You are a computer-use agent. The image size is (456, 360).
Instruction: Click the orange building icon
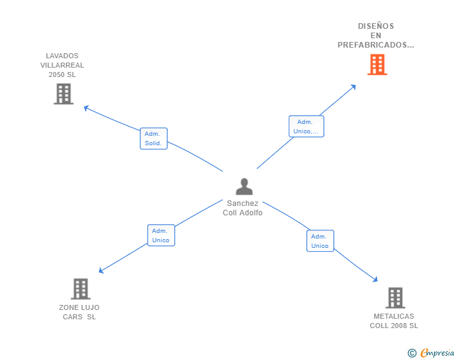pos(377,64)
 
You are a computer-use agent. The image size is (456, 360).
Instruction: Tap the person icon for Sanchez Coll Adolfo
pos(244,187)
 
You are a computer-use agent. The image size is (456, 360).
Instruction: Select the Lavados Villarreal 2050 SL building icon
pos(64,94)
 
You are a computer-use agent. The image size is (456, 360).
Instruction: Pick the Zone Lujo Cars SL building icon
pos(81,289)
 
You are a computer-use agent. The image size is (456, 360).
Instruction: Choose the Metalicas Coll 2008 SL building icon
pos(395,298)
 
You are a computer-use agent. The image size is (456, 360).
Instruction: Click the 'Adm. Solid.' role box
pos(153,138)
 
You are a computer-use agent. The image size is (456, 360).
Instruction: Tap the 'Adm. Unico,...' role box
pos(306,126)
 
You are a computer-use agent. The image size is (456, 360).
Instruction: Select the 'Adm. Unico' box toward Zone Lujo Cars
pos(161,235)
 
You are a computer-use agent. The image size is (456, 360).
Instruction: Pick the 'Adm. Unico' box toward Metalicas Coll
pos(320,241)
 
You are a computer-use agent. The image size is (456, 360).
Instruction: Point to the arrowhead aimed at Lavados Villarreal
pos(85,108)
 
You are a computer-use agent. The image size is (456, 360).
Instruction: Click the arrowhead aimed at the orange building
pos(354,86)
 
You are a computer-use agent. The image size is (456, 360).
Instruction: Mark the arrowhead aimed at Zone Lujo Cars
pos(101,270)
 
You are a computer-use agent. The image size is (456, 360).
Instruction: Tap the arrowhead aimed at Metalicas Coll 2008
pos(375,279)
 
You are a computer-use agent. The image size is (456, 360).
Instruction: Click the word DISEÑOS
pos(376,26)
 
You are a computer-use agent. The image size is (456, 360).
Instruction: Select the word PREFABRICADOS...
pos(374,45)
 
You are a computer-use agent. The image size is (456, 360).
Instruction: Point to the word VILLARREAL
pos(62,65)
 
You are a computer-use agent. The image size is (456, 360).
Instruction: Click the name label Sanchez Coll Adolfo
pos(242,208)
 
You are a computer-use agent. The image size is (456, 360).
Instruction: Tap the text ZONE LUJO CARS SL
pos(79,312)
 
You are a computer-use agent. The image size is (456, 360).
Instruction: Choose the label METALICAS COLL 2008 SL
pos(394,321)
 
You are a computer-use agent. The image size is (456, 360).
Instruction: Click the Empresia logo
pos(431,352)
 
